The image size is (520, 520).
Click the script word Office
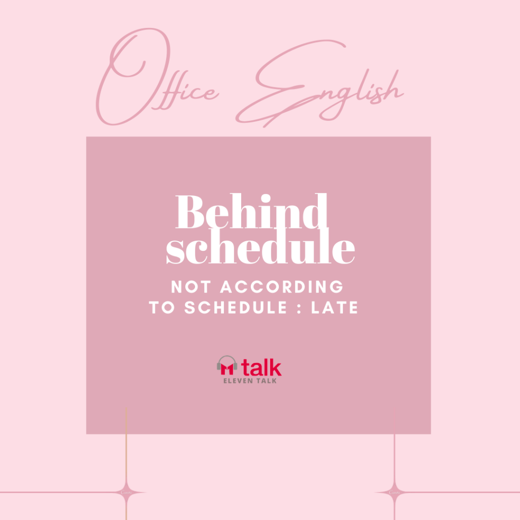[x=157, y=77]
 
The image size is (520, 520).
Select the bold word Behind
[x=251, y=211]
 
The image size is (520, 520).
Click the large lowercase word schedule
[x=261, y=246]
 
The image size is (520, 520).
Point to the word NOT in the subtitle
[x=191, y=287]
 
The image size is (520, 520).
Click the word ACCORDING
[x=282, y=287]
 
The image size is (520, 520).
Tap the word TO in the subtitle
[x=161, y=307]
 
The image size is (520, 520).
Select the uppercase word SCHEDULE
[x=236, y=307]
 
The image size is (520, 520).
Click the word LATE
[x=335, y=307]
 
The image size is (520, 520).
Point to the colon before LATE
[x=299, y=308]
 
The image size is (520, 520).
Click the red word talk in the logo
[x=262, y=367]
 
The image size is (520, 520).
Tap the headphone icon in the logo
[x=227, y=365]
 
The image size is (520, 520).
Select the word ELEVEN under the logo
[x=238, y=381]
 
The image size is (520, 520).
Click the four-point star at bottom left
[x=126, y=492]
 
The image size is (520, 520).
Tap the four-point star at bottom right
[x=394, y=492]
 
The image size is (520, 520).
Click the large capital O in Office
[x=133, y=76]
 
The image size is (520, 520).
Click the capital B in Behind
[x=190, y=212]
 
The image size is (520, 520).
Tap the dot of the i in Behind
[x=266, y=199]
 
